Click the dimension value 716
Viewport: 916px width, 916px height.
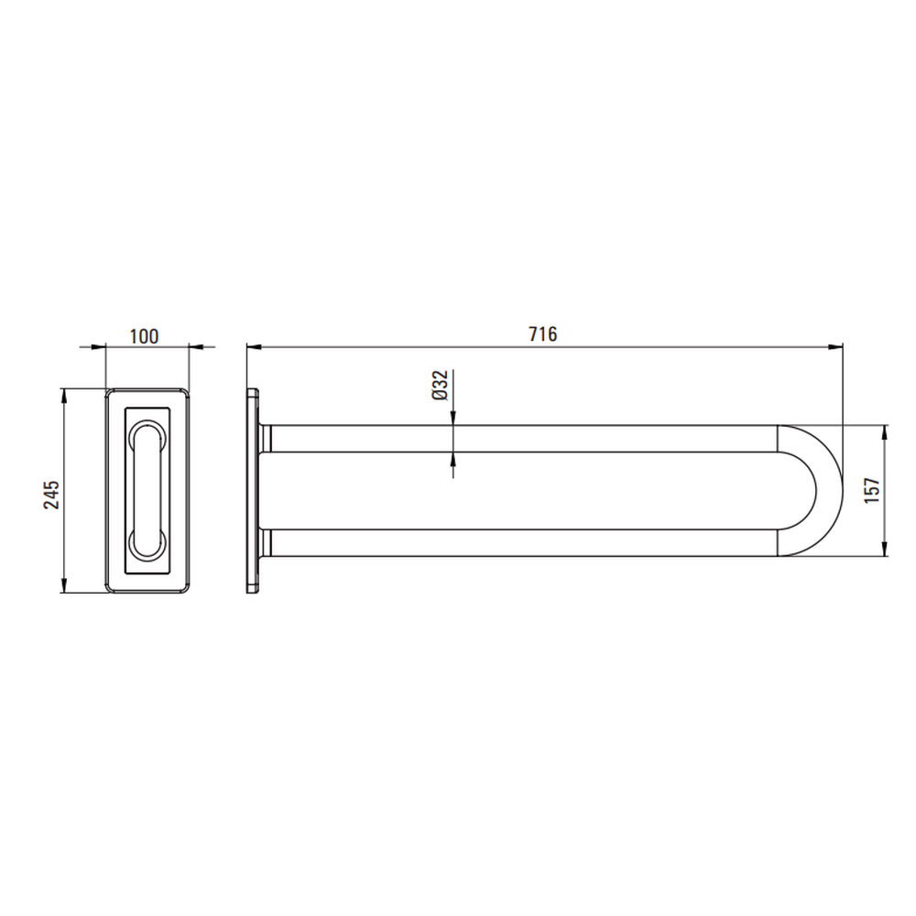point(542,334)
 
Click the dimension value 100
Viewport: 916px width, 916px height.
point(144,336)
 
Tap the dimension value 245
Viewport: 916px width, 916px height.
point(52,495)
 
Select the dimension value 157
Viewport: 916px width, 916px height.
point(872,490)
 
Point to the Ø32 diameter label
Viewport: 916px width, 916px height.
point(440,385)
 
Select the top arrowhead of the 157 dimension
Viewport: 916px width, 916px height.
point(885,432)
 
